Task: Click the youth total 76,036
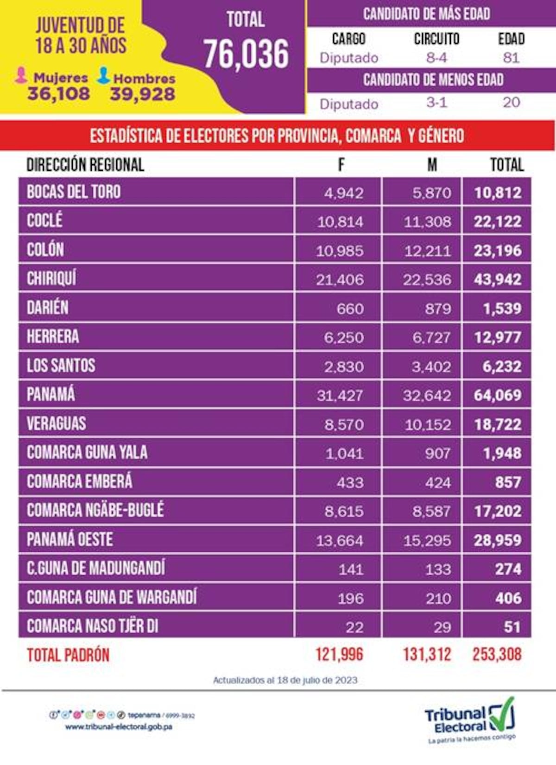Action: [x=246, y=54]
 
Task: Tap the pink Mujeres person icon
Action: [x=21, y=75]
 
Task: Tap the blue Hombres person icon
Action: [x=103, y=75]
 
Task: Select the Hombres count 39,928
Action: [x=142, y=94]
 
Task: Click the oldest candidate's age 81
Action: [x=511, y=58]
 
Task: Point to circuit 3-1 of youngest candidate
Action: [x=436, y=103]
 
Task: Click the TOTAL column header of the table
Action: [x=507, y=165]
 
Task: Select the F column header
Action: [x=341, y=165]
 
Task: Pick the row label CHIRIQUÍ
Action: [x=51, y=278]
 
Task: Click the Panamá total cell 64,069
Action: [x=498, y=395]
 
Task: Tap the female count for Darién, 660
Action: [x=350, y=309]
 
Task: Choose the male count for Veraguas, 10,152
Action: [x=427, y=424]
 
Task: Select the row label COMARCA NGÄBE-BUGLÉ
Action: [x=95, y=510]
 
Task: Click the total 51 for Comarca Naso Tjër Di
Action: [x=512, y=627]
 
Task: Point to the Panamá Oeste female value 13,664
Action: [x=340, y=540]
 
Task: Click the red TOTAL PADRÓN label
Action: [x=68, y=655]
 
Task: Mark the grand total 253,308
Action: [x=497, y=655]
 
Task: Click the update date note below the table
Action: [x=285, y=680]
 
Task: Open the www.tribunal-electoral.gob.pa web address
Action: [x=118, y=726]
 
